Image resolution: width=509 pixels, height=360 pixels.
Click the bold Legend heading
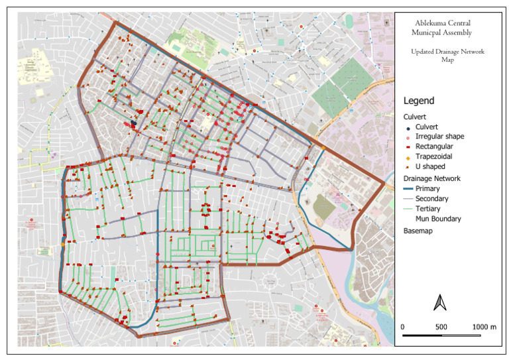click(419, 101)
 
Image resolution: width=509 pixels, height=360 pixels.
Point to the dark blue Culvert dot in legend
click(408, 127)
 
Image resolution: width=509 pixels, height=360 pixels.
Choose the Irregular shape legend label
click(438, 136)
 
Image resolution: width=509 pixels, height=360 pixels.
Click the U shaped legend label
click(430, 166)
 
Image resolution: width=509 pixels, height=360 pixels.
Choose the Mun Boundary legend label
click(437, 217)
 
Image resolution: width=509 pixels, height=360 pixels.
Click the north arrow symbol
click(439, 302)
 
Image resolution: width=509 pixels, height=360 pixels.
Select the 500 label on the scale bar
click(441, 328)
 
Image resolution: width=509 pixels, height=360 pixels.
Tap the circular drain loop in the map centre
click(206, 210)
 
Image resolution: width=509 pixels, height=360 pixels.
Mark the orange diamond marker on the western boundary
click(62, 245)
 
